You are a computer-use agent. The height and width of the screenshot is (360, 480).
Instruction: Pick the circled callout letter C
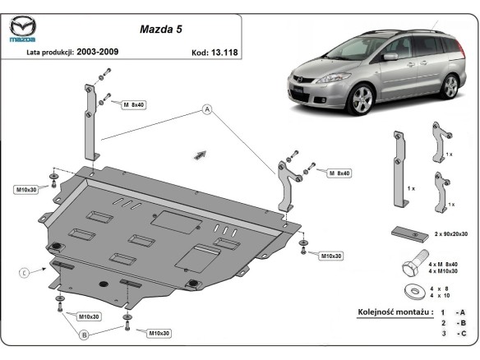[x=25, y=272]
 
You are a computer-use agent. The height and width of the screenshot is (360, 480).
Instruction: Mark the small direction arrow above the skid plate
[x=198, y=153]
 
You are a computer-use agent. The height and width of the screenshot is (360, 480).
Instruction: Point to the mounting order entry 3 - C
[x=454, y=335]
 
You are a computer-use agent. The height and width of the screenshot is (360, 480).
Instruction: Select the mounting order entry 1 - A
[x=454, y=313]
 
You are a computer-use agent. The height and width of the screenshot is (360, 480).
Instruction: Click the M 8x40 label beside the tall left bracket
[x=132, y=106]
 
